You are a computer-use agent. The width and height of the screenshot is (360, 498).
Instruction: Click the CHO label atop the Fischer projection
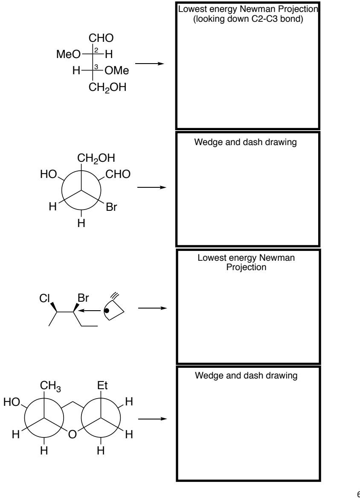[102, 39]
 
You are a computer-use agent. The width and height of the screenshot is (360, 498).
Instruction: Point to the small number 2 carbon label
[96, 50]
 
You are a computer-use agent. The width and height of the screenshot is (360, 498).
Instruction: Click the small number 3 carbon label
[96, 66]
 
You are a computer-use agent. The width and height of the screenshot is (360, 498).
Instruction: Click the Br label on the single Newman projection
[112, 209]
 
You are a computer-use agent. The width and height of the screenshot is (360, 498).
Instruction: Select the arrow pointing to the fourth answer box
[151, 418]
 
